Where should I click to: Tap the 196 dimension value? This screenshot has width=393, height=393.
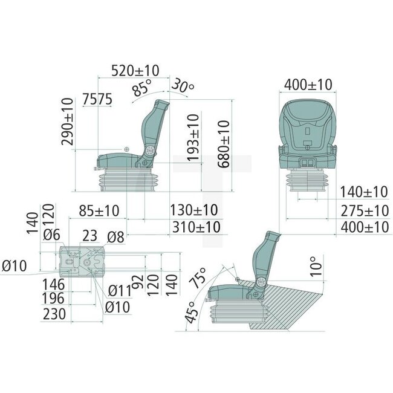pyautogui.click(x=55, y=298)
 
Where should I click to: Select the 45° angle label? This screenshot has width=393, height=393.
pyautogui.click(x=191, y=314)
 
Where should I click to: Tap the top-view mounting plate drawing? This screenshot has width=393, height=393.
pyautogui.click(x=83, y=261)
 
